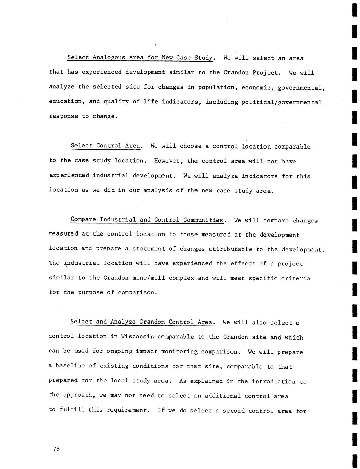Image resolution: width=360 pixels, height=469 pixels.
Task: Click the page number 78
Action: (x=56, y=449)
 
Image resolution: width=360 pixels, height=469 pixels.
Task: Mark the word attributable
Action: (x=230, y=249)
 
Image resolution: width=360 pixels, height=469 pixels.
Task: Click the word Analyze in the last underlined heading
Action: (x=123, y=322)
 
